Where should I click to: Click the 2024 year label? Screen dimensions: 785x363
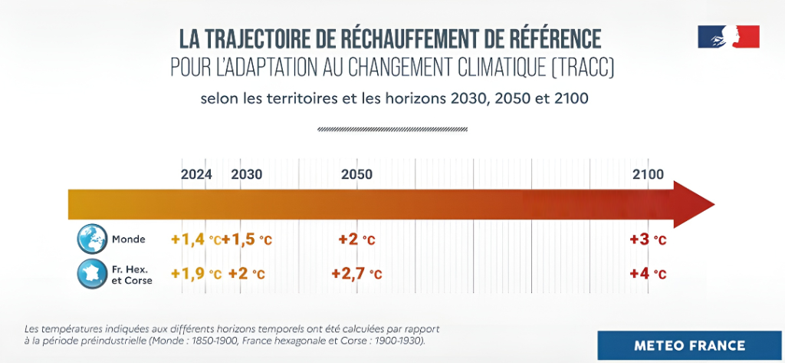(196, 174)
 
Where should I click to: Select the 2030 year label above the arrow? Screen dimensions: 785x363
(246, 174)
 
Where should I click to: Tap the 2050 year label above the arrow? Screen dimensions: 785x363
(357, 174)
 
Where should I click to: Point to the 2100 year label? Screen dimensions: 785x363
(649, 174)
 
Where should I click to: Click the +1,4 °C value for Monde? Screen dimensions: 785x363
(196, 239)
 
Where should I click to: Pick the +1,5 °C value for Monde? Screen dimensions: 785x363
(248, 239)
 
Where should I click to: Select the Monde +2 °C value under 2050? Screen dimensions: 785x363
(357, 239)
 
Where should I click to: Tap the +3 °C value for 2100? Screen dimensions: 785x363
(649, 239)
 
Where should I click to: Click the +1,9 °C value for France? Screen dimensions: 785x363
(196, 274)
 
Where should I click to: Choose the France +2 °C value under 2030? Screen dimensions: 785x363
(246, 274)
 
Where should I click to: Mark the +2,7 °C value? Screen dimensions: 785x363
(357, 274)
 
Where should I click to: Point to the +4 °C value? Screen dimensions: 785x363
(649, 274)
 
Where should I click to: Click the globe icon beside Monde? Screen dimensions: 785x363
(92, 239)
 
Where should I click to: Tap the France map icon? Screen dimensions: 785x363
(92, 274)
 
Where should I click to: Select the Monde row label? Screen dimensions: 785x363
(129, 239)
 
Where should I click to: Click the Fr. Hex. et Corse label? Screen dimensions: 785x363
(132, 276)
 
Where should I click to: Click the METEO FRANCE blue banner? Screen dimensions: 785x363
(689, 345)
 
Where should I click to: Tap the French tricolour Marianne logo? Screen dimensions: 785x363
(729, 37)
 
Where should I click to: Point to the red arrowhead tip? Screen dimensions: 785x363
(714, 205)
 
